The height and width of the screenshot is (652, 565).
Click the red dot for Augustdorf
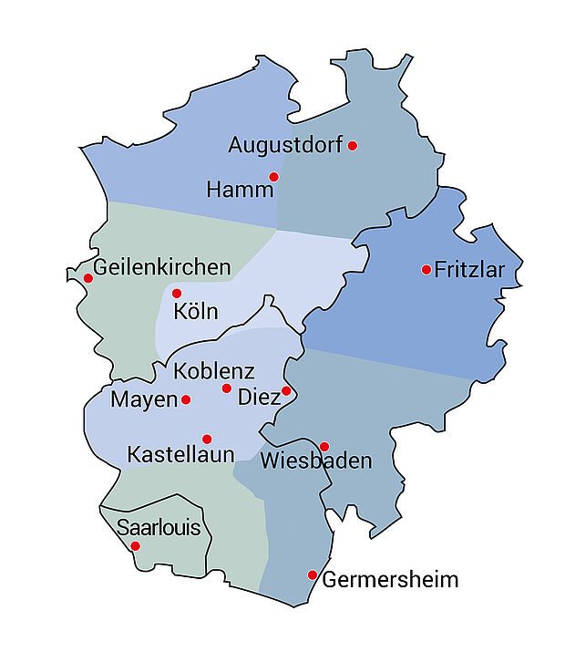click(353, 146)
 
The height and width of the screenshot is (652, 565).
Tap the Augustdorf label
click(285, 145)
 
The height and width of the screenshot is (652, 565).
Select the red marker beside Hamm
click(273, 177)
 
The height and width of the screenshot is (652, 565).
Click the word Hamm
click(240, 191)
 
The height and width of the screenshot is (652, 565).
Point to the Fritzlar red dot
click(426, 269)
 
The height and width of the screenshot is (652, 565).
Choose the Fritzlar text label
click(469, 270)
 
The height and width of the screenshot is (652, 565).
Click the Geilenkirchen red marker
click(87, 278)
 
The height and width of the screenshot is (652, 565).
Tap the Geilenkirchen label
click(162, 268)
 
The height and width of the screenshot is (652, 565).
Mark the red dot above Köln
click(177, 294)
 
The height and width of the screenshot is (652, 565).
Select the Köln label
click(196, 312)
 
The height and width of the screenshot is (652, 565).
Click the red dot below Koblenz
click(227, 388)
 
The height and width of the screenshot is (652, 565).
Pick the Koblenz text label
click(213, 372)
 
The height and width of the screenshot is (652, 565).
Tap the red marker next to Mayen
click(186, 399)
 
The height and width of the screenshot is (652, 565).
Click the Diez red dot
click(286, 391)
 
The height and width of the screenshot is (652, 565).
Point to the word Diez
click(258, 398)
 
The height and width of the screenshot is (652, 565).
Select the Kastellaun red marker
click(207, 440)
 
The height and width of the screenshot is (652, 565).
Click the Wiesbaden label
click(316, 461)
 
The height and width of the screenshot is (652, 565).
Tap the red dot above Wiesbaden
click(324, 447)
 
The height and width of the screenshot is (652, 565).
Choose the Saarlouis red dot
click(135, 546)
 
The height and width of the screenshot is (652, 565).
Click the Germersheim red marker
click(313, 575)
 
